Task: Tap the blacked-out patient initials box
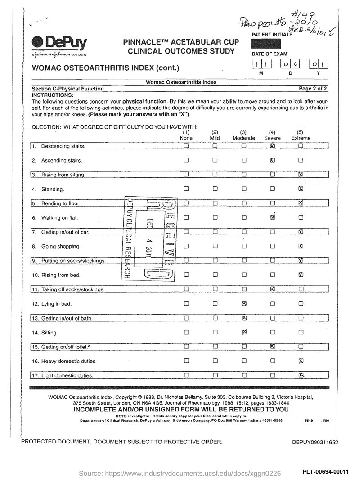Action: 266,44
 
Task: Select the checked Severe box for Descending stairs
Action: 272,146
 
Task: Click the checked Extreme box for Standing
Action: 301,189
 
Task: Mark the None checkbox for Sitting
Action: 186,333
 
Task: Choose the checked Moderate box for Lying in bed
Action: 243,304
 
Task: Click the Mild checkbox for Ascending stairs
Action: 215,160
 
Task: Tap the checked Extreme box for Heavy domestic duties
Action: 301,361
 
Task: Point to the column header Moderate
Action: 244,138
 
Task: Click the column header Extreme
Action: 301,138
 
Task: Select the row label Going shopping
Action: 61,247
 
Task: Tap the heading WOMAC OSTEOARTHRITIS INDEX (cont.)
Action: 105,68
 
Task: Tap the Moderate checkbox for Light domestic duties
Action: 243,375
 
